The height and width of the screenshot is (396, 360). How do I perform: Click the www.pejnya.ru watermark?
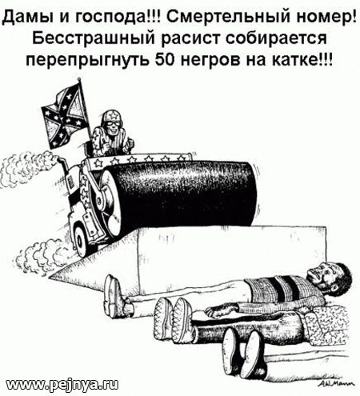coord(62,384)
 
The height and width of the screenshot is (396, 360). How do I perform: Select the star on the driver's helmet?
coord(111,115)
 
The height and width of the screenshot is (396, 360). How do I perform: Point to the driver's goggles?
coord(111,123)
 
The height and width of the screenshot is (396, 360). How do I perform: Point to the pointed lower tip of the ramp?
coord(50,277)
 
